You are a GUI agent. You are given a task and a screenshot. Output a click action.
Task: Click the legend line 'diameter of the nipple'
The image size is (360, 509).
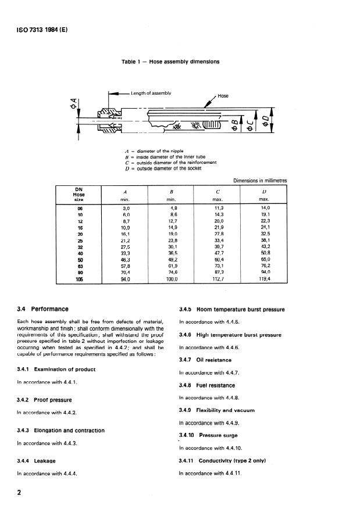tap(160, 151)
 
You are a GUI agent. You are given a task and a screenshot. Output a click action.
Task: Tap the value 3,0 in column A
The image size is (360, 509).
tap(125, 207)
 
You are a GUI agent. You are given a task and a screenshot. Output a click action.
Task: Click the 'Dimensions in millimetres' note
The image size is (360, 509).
tap(260, 180)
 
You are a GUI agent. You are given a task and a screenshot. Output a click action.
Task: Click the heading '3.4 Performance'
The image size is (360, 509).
tap(43, 309)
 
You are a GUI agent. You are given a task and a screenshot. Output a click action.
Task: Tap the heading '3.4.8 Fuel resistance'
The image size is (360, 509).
tap(206, 385)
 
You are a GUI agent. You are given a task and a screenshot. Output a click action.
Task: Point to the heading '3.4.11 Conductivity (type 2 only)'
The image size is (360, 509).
tap(223, 461)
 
